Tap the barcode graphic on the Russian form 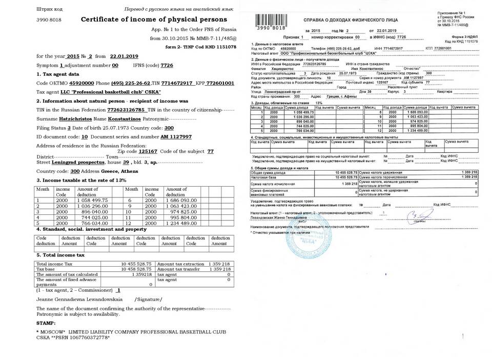[272, 22]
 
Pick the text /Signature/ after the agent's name [148, 299]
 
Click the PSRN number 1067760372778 [87, 338]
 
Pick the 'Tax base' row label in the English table [47, 269]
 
